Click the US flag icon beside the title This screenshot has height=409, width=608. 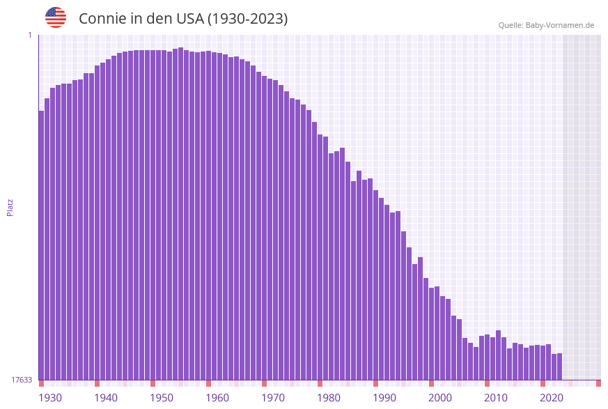click(x=56, y=17)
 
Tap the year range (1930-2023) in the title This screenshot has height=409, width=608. click(x=247, y=19)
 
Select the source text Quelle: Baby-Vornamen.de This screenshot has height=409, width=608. click(x=546, y=25)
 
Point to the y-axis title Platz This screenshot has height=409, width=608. click(x=10, y=207)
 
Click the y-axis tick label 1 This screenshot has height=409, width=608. click(x=29, y=35)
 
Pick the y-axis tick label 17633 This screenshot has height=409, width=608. click(x=22, y=380)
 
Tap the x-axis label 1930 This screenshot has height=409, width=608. click(x=49, y=397)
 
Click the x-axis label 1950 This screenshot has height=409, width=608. click(x=162, y=397)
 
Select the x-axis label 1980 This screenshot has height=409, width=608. click(x=329, y=397)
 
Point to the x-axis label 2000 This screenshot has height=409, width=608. click(x=440, y=397)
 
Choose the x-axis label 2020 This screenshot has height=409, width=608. click(x=552, y=397)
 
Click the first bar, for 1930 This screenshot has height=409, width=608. click(x=41, y=244)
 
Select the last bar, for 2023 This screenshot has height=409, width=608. click(x=559, y=366)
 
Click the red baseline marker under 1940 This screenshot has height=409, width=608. click(x=97, y=383)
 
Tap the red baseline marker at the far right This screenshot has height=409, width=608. click(x=598, y=383)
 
